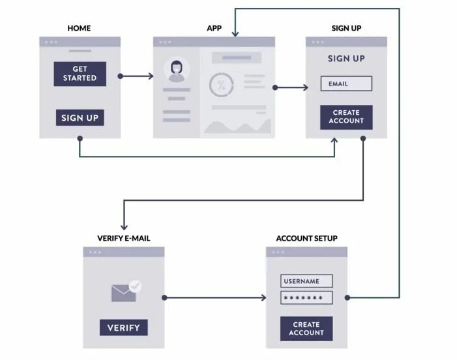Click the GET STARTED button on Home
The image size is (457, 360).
click(80, 74)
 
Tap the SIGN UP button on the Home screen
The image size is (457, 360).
click(80, 118)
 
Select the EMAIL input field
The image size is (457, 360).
click(346, 83)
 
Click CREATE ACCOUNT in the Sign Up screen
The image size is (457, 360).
click(346, 117)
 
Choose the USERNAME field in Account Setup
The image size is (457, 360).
click(306, 281)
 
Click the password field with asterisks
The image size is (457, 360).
click(306, 298)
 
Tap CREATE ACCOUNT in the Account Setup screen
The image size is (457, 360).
click(306, 328)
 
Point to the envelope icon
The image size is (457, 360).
click(123, 293)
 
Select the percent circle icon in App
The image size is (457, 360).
click(221, 85)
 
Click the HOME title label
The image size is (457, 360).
click(79, 29)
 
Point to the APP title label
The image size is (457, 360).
click(214, 29)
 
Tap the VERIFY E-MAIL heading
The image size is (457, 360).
click(123, 239)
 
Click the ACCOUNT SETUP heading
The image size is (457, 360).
click(306, 239)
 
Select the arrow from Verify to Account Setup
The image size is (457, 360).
click(215, 298)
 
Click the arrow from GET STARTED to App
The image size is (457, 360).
click(137, 76)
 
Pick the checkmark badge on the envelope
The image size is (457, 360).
click(135, 286)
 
